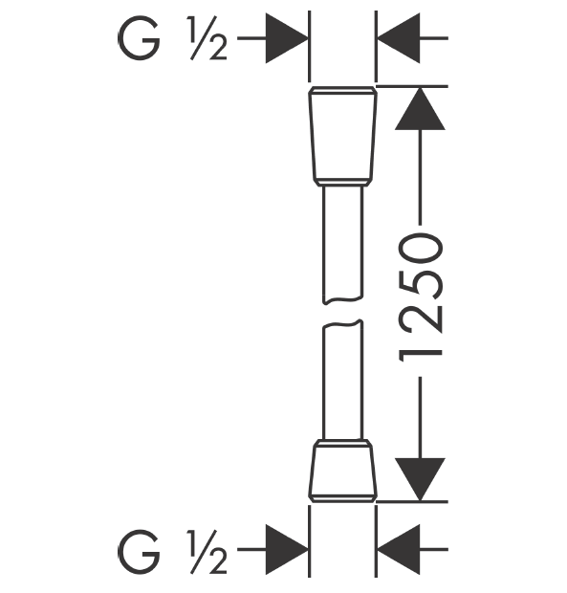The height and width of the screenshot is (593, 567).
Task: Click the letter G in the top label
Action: (x=139, y=38)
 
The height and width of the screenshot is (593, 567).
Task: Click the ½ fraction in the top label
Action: (x=207, y=38)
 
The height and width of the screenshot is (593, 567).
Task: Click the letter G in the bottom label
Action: (x=139, y=552)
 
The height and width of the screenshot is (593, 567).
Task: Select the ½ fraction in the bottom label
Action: (x=207, y=552)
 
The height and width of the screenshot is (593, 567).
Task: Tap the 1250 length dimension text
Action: (x=421, y=297)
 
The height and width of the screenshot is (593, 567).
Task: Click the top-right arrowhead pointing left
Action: (x=399, y=38)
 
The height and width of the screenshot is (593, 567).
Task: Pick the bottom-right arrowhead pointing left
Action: (x=399, y=550)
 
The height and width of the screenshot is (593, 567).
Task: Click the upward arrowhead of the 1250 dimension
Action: (x=420, y=109)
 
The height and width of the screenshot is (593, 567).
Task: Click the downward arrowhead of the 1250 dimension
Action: (x=420, y=479)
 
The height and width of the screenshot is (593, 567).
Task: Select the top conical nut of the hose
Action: (x=343, y=133)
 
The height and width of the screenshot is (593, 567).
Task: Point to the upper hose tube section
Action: (x=343, y=245)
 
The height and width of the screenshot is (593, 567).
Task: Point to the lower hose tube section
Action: (x=343, y=380)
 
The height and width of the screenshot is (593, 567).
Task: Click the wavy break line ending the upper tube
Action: (x=343, y=300)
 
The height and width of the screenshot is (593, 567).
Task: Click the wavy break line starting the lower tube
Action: (x=343, y=323)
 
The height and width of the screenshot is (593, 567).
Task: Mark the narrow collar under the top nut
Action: (x=343, y=183)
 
